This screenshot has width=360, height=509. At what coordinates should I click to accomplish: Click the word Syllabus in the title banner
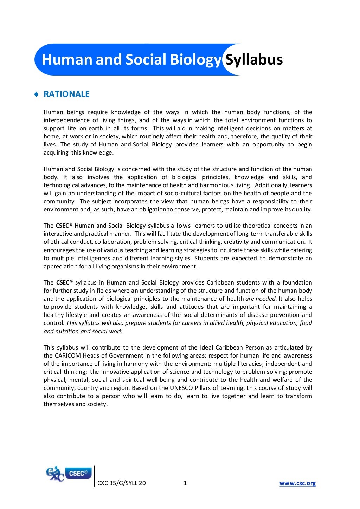coord(254,60)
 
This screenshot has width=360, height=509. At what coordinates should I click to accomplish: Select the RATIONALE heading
coord(66,94)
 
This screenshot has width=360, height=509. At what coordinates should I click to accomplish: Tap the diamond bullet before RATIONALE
coord(36,94)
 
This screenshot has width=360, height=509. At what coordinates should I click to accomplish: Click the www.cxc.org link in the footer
coord(297,483)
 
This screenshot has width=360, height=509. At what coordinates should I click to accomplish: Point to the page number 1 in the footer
coord(185,483)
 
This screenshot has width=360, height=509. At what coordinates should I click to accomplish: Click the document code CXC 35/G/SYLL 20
coord(121,483)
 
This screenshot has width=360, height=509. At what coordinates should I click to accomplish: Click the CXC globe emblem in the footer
coord(55,474)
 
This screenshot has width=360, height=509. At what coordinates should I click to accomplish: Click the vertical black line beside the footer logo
coord(95,476)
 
